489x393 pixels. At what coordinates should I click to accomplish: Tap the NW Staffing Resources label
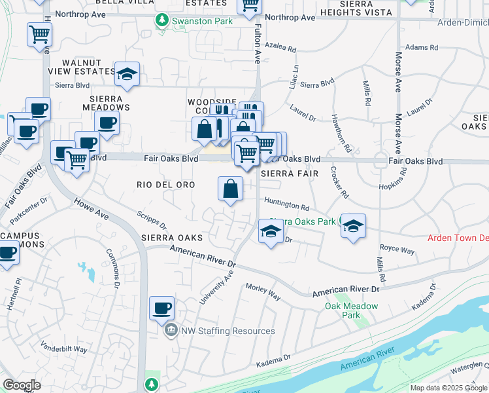tap(216, 331)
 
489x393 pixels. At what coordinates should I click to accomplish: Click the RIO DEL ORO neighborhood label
tap(166, 185)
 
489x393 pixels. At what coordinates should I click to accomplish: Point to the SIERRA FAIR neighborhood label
tap(289, 174)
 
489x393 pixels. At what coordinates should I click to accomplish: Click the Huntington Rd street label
tap(287, 206)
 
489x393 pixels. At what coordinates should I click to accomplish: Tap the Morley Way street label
tap(263, 292)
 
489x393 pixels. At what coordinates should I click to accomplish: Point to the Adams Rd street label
tap(421, 47)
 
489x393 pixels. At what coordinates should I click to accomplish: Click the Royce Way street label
tap(397, 250)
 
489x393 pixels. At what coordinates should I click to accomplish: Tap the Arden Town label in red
tap(458, 238)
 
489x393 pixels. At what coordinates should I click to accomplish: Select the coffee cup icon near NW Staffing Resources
tap(161, 307)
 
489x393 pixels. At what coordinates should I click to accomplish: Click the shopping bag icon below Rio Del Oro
tap(231, 190)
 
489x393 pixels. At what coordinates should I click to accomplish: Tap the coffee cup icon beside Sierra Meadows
tap(107, 122)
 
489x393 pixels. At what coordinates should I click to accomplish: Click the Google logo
tap(22, 384)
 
